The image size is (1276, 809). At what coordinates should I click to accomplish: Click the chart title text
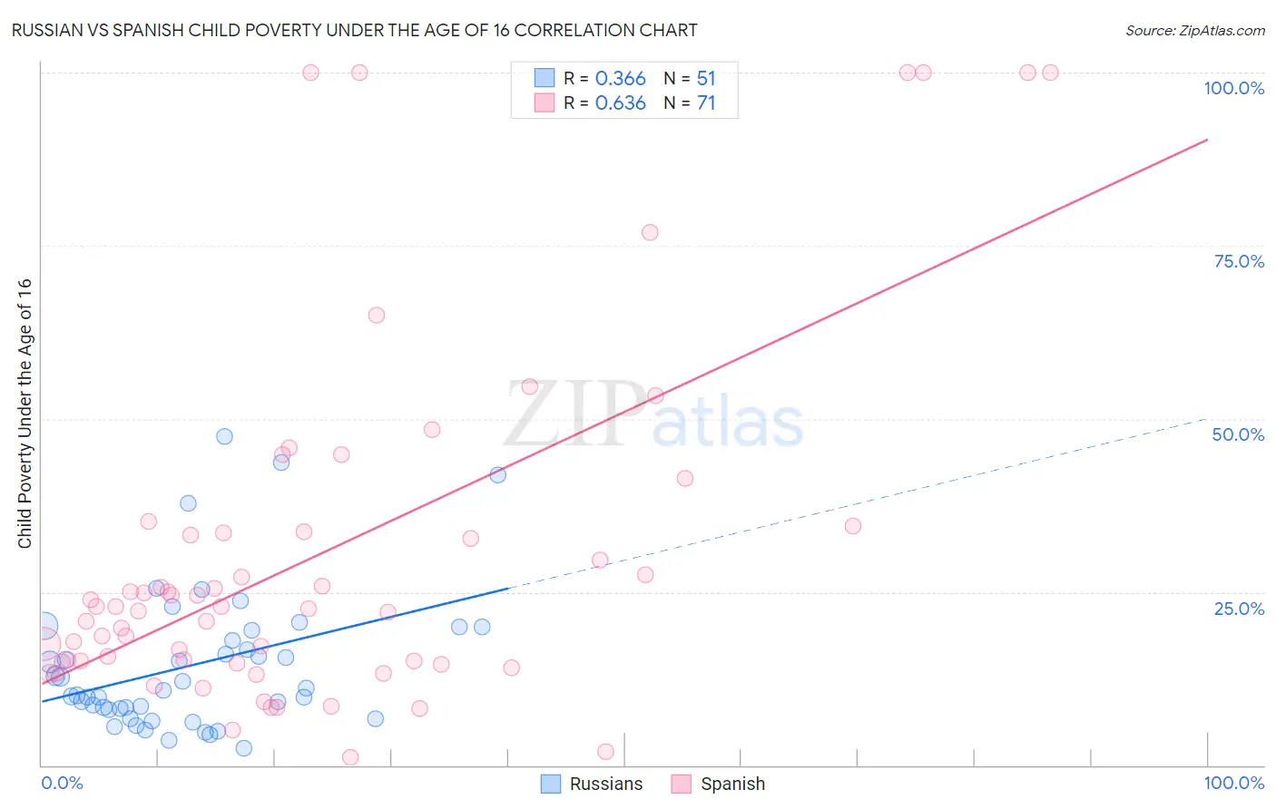coord(354,30)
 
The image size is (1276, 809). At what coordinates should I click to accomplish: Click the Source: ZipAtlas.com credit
coord(1194,30)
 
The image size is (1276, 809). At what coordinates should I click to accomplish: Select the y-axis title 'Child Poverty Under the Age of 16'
coord(25,413)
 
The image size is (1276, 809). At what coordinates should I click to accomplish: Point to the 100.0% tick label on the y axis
coord(1233,88)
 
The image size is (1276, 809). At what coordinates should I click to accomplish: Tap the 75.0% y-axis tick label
coord(1239,261)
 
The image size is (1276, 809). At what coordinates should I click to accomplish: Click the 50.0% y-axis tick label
coord(1238,434)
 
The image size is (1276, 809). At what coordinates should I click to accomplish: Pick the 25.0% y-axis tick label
coord(1239,608)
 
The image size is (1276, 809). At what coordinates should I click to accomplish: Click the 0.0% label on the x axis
coord(62,783)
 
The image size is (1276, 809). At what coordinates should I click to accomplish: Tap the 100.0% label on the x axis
coord(1233,783)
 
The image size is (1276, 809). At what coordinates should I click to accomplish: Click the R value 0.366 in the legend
coord(620,79)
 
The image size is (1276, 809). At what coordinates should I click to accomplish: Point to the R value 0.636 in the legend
coord(620,103)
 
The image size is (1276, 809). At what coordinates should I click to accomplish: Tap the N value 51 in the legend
coord(706,79)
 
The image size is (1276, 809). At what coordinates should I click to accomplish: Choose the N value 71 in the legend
coord(706,103)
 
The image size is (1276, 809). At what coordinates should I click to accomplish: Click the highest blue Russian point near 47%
coord(224,436)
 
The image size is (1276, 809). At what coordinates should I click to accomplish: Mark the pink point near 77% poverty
coord(650,232)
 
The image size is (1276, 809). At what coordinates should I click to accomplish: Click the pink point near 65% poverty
coord(377,316)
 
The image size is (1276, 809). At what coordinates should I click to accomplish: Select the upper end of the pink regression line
coord(1207,140)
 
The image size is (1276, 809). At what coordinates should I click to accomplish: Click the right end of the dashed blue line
coord(1207,419)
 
